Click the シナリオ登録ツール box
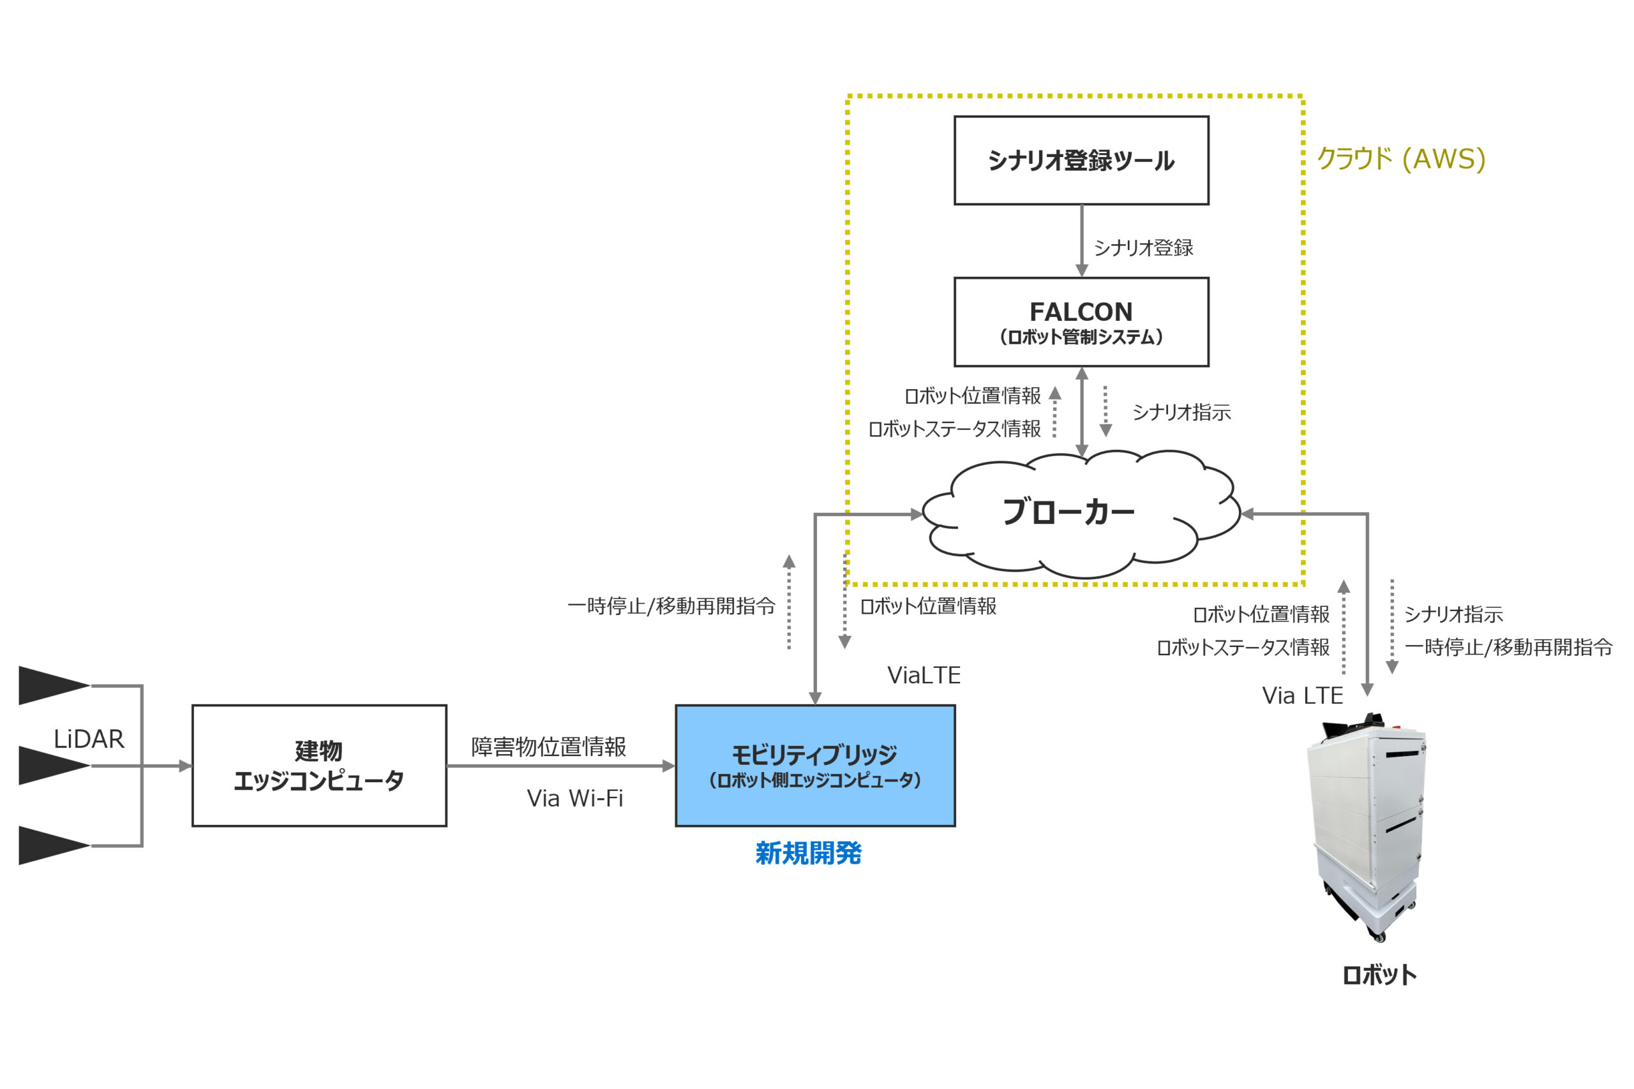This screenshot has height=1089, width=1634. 1081,160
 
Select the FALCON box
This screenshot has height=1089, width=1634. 1081,322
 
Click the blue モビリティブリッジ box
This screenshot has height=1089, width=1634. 815,766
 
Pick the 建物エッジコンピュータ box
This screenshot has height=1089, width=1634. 319,766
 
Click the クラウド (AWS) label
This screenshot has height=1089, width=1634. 1400,159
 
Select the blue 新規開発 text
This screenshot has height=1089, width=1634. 808,853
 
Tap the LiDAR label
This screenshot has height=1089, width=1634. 89,739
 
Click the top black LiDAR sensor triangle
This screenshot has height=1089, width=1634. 49,685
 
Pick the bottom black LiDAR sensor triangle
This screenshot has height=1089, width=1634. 49,845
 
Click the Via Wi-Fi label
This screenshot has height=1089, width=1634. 574,799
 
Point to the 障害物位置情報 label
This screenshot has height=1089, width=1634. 548,746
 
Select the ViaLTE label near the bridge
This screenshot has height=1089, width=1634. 924,675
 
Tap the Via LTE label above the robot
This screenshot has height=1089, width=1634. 1302,695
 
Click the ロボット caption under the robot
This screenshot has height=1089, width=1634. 1379,975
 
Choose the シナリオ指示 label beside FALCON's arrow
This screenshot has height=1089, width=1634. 1181,412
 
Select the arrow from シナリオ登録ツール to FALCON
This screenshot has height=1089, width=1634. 1082,241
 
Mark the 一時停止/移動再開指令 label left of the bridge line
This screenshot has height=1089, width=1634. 670,606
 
